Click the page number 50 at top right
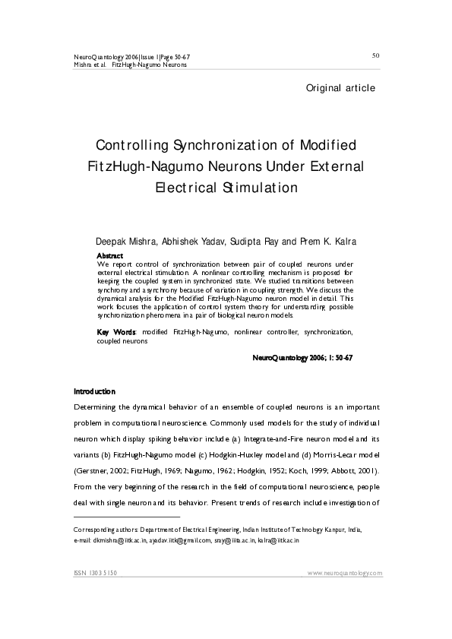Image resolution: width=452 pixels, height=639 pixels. (375, 55)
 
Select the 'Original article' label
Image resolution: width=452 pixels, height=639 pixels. (340, 88)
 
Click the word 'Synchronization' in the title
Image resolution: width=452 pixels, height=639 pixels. (217, 145)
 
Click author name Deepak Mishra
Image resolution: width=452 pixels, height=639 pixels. (126, 242)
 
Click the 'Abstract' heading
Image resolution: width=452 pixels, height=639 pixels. (111, 255)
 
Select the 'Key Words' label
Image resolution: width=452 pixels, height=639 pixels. (116, 333)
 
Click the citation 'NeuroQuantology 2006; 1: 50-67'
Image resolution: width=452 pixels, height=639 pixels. (302, 357)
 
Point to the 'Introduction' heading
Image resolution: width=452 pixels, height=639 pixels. (94, 392)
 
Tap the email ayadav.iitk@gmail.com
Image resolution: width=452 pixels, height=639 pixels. (185, 540)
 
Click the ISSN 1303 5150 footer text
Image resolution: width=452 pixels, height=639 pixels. (94, 573)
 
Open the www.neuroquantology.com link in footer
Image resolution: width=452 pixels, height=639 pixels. (345, 573)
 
